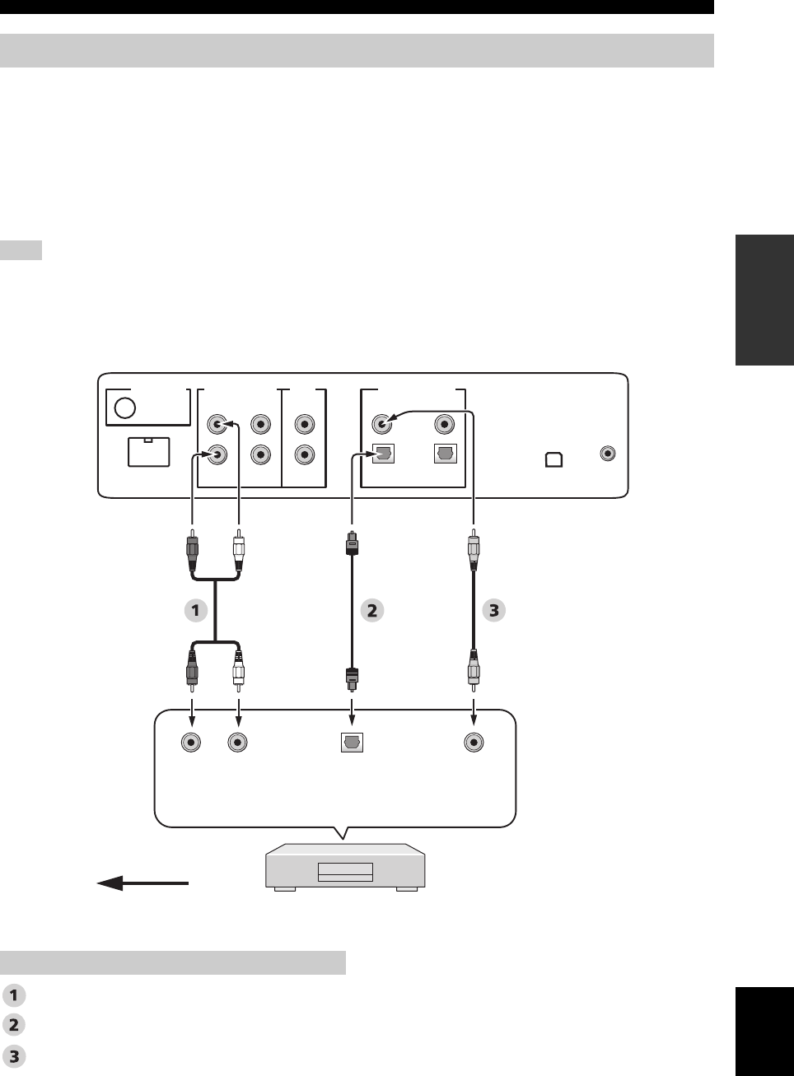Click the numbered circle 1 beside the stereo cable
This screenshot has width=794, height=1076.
pos(195,610)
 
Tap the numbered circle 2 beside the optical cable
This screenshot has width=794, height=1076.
pos(372,610)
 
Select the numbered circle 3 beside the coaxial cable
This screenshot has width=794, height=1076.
pos(493,610)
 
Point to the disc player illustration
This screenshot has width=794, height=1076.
pos(345,867)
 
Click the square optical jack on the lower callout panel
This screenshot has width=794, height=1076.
pos(353,742)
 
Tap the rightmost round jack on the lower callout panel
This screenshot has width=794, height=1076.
pos(474,742)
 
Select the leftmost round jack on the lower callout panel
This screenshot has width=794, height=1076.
pos(192,742)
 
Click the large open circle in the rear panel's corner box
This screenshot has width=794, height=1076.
pos(125,409)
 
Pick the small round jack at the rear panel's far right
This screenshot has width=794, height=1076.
pos(609,453)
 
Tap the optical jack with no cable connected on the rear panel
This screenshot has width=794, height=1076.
pos(445,454)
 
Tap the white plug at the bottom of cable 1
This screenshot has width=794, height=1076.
pos(239,668)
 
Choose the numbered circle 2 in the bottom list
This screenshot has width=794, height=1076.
pos(14,1024)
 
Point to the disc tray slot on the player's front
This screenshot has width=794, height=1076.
pos(345,870)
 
